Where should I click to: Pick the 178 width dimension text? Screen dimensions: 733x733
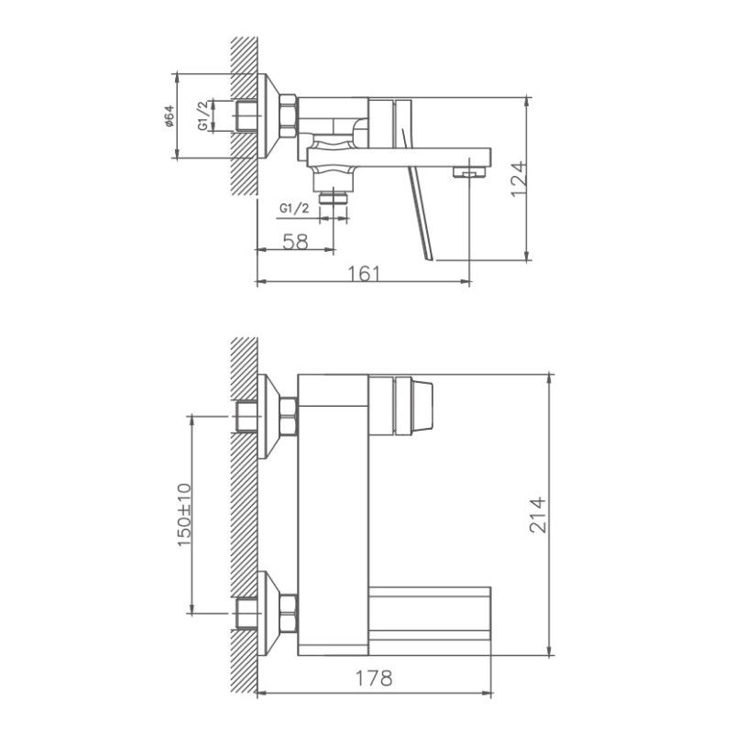[x=374, y=679]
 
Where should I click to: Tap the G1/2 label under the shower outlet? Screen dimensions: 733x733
[x=293, y=210]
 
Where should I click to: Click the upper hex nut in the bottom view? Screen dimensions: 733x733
[x=288, y=416]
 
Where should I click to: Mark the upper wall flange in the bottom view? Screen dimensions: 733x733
[x=268, y=416]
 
